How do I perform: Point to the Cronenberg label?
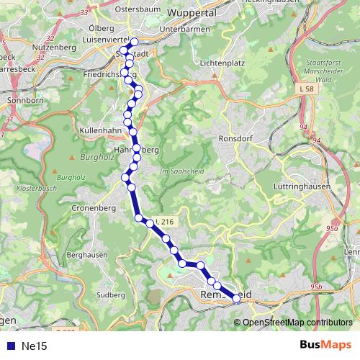94,207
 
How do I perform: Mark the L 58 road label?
305,87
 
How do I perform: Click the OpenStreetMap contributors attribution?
297,322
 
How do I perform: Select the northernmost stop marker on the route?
134,41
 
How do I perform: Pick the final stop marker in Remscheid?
235,299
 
